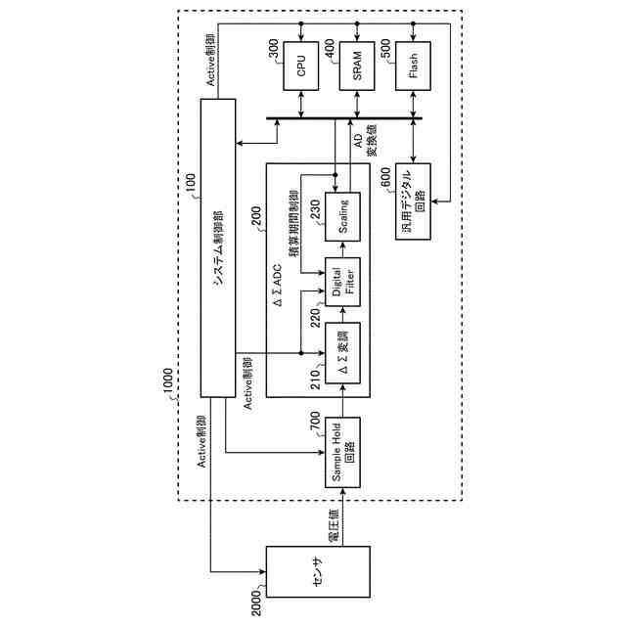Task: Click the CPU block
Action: (301, 65)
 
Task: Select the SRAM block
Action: (358, 65)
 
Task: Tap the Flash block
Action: (414, 65)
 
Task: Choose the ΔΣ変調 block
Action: (344, 350)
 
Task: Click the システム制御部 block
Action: (219, 246)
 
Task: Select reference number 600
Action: (385, 176)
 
